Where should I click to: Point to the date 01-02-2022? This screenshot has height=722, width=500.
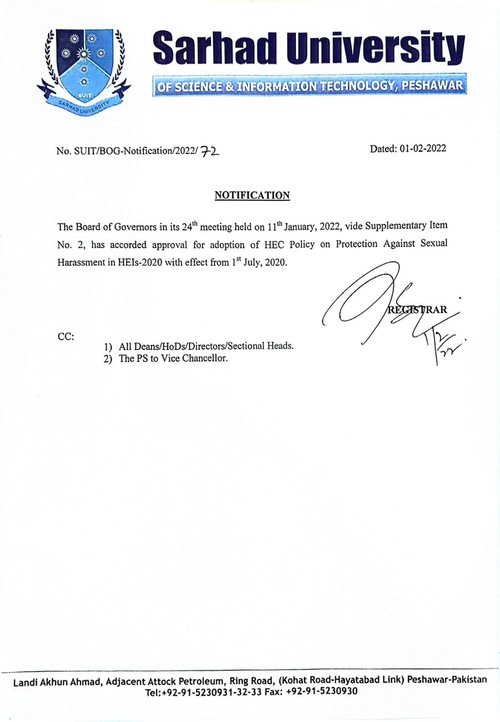[422, 149]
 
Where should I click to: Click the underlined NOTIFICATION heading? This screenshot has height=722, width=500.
[252, 195]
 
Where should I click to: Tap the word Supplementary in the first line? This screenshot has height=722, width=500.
[395, 226]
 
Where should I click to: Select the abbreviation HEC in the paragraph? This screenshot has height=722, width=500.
[274, 244]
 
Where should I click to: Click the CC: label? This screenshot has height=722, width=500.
[66, 336]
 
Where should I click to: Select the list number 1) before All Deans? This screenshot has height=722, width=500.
[108, 347]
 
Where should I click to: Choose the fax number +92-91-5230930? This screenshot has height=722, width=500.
[322, 692]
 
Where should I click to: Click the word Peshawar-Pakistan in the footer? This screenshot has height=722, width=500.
[447, 679]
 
